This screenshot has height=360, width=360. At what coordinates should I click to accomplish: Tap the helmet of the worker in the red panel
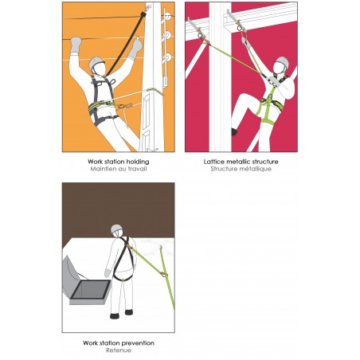(281, 63)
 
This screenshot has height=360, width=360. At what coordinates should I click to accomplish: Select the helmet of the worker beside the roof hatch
(117, 231)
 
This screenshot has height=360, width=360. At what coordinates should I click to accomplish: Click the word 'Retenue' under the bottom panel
(119, 350)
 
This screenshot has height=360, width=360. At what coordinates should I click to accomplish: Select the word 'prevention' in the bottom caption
(137, 343)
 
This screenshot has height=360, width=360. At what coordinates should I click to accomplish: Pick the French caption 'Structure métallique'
(242, 168)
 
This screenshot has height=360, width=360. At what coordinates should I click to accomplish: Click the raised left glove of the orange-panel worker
(76, 44)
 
